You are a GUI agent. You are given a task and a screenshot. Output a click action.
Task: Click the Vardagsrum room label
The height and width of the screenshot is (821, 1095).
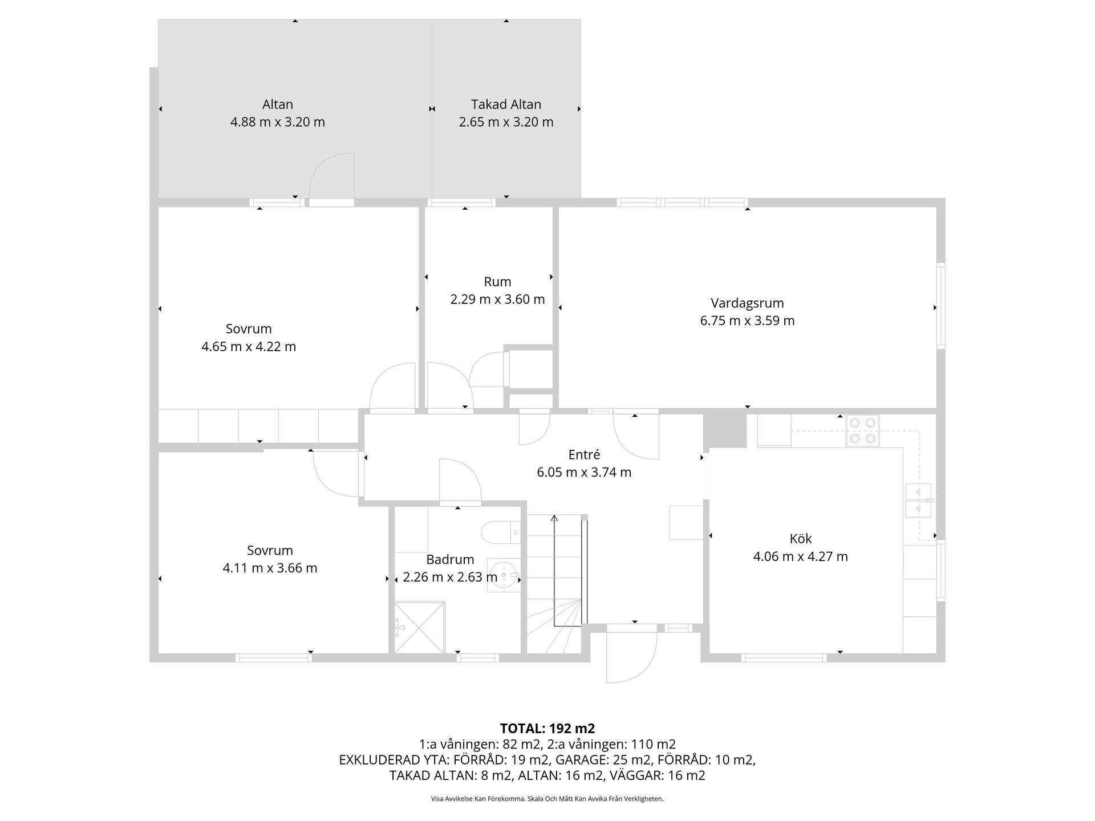747,303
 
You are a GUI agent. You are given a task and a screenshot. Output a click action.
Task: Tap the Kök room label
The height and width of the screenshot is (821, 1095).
801,538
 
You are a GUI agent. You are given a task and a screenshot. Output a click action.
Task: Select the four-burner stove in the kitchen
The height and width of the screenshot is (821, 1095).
863,430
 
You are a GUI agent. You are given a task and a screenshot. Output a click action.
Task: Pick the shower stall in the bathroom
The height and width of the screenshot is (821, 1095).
419,627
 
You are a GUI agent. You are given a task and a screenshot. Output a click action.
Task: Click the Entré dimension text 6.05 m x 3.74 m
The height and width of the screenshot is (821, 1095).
584,472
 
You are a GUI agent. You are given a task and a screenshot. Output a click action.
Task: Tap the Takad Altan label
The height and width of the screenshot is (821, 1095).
506,104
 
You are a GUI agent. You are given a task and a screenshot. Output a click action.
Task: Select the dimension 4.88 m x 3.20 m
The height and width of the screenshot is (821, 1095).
278,122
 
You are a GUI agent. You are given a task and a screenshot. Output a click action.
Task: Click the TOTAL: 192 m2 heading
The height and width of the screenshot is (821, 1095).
547,728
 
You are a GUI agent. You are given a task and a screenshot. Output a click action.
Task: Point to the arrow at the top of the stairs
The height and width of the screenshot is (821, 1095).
554,519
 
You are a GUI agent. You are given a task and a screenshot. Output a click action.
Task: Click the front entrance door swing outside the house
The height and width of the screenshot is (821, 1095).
632,657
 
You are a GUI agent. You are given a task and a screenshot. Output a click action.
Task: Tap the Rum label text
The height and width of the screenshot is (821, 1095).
497,282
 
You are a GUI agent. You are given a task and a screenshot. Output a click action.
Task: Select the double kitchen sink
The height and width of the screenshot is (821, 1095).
918,500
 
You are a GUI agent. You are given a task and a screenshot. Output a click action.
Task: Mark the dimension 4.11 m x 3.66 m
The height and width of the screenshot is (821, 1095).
270,568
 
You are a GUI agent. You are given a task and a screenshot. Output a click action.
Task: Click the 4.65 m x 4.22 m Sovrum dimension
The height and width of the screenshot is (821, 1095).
249,347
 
